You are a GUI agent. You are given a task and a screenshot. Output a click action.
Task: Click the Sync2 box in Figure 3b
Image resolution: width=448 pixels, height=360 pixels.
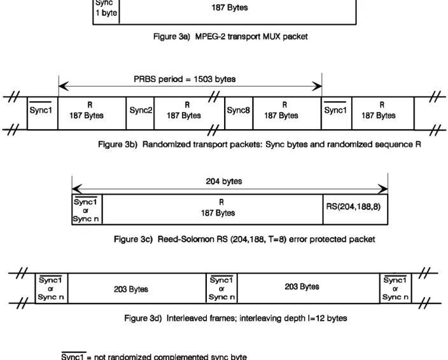(140, 113)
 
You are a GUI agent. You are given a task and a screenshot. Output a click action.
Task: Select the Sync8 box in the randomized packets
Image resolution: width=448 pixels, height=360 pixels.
(239, 113)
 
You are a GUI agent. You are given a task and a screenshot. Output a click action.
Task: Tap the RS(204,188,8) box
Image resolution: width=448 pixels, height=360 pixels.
(355, 209)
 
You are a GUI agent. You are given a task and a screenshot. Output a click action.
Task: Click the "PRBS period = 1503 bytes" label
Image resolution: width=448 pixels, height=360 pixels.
(185, 79)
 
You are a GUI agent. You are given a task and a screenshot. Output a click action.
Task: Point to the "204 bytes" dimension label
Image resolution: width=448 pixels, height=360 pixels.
(224, 181)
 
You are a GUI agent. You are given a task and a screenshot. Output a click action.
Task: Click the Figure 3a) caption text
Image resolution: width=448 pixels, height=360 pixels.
(230, 36)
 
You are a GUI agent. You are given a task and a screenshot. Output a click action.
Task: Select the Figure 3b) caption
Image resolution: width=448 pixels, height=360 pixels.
(260, 144)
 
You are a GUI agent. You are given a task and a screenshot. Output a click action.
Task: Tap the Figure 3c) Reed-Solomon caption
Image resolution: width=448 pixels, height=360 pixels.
(244, 239)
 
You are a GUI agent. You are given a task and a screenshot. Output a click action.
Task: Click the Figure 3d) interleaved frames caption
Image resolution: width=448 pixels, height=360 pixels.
(235, 318)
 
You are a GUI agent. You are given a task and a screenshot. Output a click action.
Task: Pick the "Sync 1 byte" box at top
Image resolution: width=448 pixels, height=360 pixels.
(106, 11)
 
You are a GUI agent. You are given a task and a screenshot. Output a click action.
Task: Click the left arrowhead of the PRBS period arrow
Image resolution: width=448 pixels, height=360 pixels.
(64, 86)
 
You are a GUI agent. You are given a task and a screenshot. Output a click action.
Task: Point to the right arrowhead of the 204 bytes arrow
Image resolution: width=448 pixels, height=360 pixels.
(383, 189)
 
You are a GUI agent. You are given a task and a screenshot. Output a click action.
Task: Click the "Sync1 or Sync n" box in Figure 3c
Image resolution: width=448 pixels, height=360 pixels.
(87, 209)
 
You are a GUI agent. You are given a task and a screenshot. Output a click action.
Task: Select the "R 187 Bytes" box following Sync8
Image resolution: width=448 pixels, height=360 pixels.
(287, 113)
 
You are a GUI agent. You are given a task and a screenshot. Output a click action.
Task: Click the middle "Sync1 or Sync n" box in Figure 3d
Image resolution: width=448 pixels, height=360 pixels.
(221, 288)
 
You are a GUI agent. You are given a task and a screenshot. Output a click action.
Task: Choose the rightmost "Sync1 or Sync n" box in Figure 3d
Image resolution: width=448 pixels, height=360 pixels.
(395, 288)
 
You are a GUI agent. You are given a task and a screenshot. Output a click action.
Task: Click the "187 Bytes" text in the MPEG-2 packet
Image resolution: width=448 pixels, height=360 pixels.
(230, 8)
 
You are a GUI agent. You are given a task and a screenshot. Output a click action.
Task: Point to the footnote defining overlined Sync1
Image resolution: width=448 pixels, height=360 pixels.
(154, 356)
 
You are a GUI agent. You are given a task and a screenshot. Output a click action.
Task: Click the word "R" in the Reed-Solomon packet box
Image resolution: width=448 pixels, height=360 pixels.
(221, 202)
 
